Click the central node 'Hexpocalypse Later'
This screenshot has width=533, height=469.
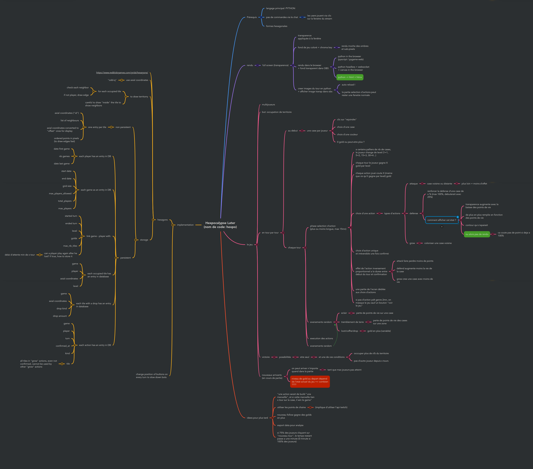tap(220, 225)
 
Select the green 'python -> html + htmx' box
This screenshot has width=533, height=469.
tap(350, 77)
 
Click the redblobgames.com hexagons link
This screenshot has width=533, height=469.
tap(122, 73)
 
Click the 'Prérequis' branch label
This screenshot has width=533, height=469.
tap(252, 17)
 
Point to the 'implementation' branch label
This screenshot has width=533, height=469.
tap(185, 225)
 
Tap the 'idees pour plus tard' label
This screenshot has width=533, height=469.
tap(257, 418)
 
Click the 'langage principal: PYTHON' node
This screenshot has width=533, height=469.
tap(280, 8)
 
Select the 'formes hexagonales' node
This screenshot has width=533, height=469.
tap(276, 26)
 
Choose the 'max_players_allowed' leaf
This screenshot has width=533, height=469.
tap(60, 194)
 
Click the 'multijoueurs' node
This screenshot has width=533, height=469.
tap(268, 105)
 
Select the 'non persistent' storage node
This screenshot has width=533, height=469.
tap(123, 127)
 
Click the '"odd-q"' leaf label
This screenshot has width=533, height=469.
tap(112, 80)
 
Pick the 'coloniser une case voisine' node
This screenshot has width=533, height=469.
tap(438, 243)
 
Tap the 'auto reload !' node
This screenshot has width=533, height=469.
tap(348, 85)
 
